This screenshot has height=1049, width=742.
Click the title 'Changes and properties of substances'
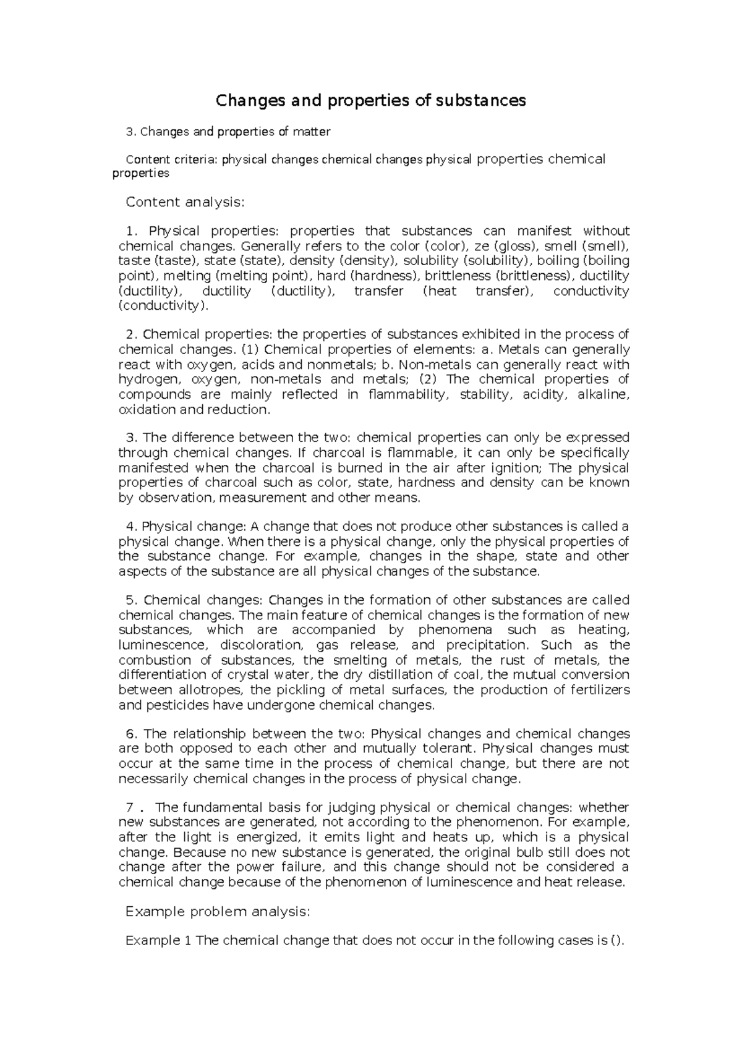click(370, 100)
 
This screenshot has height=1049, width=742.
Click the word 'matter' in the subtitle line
click(313, 132)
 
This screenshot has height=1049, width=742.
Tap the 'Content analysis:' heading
click(185, 202)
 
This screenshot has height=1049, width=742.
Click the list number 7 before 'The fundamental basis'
click(130, 807)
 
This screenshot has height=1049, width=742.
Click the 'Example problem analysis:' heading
click(217, 912)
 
